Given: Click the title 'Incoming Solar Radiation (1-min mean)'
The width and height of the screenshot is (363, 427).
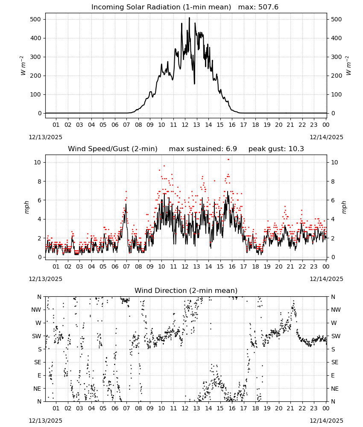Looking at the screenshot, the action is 161,7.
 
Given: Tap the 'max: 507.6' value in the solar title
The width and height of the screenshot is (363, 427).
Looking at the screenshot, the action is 258,7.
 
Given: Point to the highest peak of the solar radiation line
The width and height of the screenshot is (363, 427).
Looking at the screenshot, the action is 189,18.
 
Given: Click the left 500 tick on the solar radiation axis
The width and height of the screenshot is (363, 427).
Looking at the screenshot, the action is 36,19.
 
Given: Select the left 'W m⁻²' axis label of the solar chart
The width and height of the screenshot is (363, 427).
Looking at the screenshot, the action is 23,66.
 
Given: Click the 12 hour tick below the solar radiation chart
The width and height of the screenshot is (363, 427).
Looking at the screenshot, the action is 185,125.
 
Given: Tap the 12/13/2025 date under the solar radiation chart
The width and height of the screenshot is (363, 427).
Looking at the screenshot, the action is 45,137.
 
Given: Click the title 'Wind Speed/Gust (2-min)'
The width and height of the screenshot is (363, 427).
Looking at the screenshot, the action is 112,149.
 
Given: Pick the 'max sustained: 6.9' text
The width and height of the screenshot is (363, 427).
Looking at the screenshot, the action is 203,149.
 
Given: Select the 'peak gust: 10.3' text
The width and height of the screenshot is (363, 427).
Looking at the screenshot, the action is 276,149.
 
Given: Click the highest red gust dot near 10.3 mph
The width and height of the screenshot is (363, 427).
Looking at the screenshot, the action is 228,160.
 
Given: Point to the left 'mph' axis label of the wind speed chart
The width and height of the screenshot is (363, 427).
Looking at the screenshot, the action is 26,207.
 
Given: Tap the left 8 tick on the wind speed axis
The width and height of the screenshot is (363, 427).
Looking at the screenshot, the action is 40,181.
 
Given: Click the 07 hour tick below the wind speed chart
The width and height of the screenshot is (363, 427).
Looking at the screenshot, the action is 126,266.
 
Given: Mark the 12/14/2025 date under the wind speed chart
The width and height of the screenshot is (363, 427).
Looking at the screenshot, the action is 326,279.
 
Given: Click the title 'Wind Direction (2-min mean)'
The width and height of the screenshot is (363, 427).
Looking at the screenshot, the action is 186,290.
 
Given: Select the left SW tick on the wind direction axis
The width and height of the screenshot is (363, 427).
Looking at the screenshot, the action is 37,336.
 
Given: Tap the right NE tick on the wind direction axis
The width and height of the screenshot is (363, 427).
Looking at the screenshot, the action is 335,389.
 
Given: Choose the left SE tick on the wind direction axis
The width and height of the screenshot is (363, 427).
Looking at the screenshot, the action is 38,362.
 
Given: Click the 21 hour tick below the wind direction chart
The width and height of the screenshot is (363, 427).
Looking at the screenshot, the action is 290,408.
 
